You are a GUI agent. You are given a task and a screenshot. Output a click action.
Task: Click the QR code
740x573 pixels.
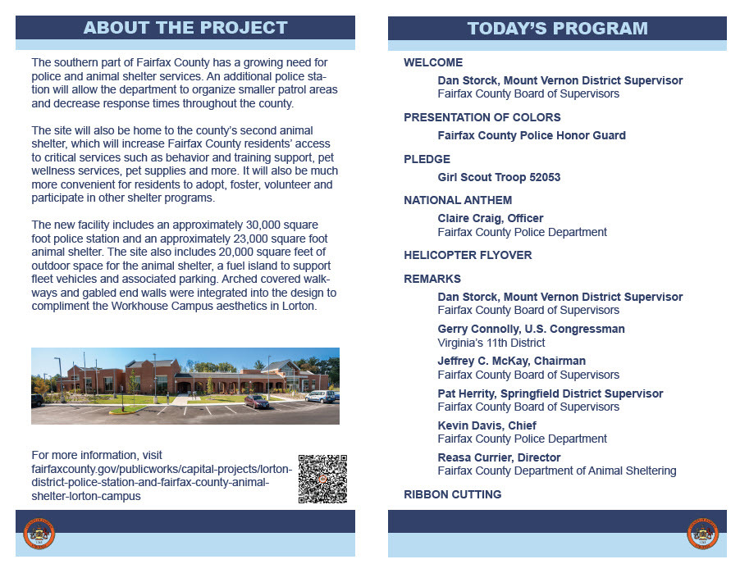tap(322, 479)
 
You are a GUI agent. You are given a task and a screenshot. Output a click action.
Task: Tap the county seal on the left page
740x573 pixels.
tap(39, 534)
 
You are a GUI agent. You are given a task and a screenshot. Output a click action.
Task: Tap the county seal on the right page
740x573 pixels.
tap(702, 534)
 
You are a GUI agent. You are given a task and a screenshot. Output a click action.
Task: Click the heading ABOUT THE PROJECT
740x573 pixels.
tap(185, 28)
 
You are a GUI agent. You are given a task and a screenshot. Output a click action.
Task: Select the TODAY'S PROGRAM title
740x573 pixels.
tap(557, 29)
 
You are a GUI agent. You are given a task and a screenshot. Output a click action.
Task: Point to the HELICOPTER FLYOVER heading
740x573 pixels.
tap(468, 255)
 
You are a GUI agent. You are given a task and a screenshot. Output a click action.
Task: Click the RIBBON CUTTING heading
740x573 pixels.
tap(452, 494)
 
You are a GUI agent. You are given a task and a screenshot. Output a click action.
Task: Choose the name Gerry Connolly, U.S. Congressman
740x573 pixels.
tap(531, 329)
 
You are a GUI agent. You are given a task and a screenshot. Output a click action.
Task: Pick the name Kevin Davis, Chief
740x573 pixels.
tap(486, 425)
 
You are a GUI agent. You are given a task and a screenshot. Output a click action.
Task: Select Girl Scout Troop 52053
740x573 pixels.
tap(499, 177)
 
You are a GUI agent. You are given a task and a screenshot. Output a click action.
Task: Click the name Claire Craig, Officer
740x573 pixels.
tap(491, 218)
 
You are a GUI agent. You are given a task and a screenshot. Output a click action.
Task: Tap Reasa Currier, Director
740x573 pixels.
tap(499, 457)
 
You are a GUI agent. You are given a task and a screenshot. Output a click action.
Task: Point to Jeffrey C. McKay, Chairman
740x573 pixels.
tap(511, 361)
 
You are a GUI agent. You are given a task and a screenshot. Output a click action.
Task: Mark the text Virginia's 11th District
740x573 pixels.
tap(491, 343)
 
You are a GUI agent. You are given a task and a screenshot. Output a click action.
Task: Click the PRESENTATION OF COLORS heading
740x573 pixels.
tap(482, 117)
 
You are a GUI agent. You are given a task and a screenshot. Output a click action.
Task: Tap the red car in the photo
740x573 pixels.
tap(256, 401)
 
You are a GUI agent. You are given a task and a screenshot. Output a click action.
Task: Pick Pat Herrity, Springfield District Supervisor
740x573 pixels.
tap(550, 393)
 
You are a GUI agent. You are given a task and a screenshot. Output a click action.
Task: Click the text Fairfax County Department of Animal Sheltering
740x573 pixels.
tap(556, 471)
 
